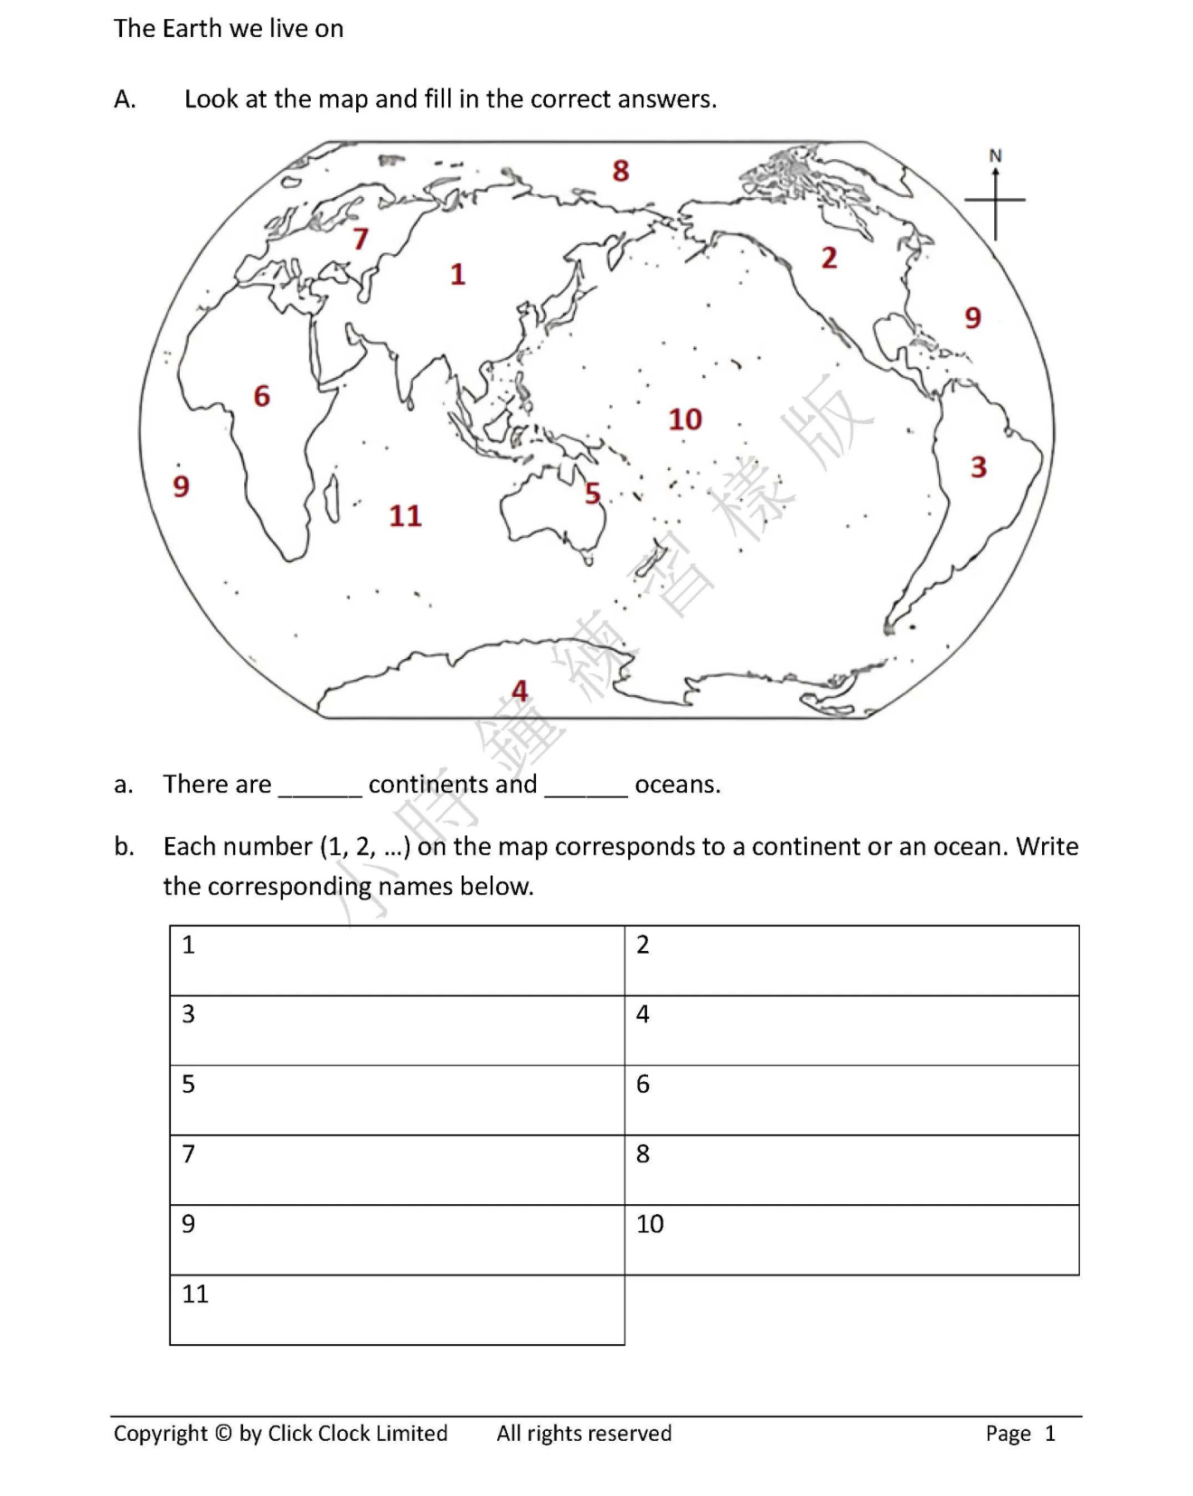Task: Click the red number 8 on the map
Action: point(620,171)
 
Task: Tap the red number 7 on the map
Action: point(361,239)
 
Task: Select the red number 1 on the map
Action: point(458,274)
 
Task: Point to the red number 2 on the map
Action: point(829,259)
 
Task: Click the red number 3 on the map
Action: point(979,467)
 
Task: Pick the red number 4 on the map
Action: point(520,691)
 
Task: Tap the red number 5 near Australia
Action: point(593,494)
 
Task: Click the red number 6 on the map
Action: point(262,396)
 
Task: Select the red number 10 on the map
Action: point(685,419)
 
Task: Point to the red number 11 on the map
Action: point(405,516)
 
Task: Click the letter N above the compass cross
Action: point(995,155)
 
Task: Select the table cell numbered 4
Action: point(851,1030)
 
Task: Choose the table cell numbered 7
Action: point(397,1170)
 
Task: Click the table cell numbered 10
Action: point(851,1239)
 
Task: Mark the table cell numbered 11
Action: point(397,1310)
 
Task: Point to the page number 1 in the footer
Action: point(1050,1434)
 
